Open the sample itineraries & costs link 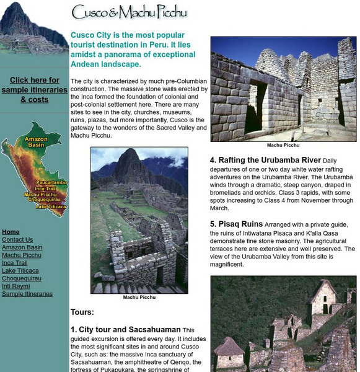tap(35, 90)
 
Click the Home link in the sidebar tap(11, 232)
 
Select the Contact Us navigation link tap(17, 240)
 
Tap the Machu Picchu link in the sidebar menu tap(21, 255)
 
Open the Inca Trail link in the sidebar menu tap(16, 263)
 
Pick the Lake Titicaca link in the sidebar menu tap(20, 271)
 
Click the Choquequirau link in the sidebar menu tap(22, 278)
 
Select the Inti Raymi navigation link tap(16, 286)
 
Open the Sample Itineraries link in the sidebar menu tap(25, 294)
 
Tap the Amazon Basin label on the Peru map tap(35, 142)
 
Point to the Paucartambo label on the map tap(51, 183)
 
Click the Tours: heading tap(82, 312)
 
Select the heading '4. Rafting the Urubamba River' tap(265, 160)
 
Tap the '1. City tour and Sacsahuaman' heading tap(126, 330)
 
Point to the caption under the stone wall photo tap(283, 145)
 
